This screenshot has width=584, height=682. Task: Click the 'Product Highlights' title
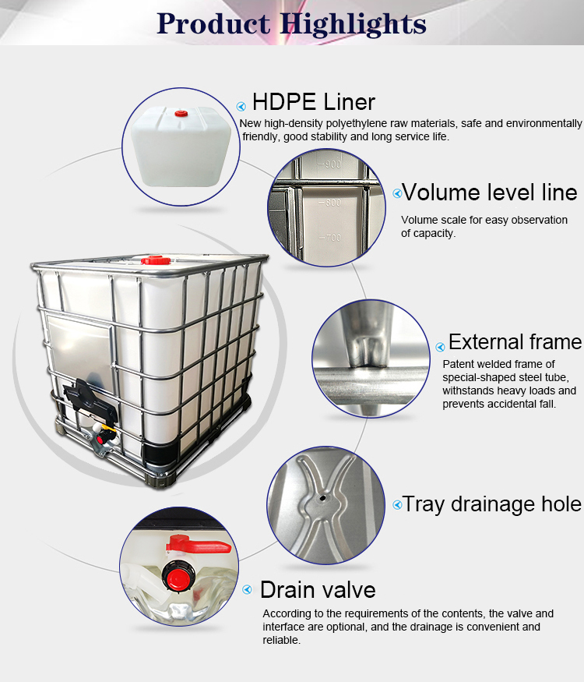coord(291,23)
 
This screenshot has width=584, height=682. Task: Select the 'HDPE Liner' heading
coord(314,102)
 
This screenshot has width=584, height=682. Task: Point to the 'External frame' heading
coord(515,342)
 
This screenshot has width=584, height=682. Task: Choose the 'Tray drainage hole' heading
coord(491,504)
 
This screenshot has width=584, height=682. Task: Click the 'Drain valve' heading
coord(318,589)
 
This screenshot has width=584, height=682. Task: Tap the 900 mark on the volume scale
coord(332,164)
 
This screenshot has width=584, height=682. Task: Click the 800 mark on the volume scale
coord(332,203)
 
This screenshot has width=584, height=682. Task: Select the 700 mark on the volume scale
coord(332,237)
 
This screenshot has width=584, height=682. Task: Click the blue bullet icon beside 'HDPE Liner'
coord(241,106)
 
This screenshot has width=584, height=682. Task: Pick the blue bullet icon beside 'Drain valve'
coord(248,590)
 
